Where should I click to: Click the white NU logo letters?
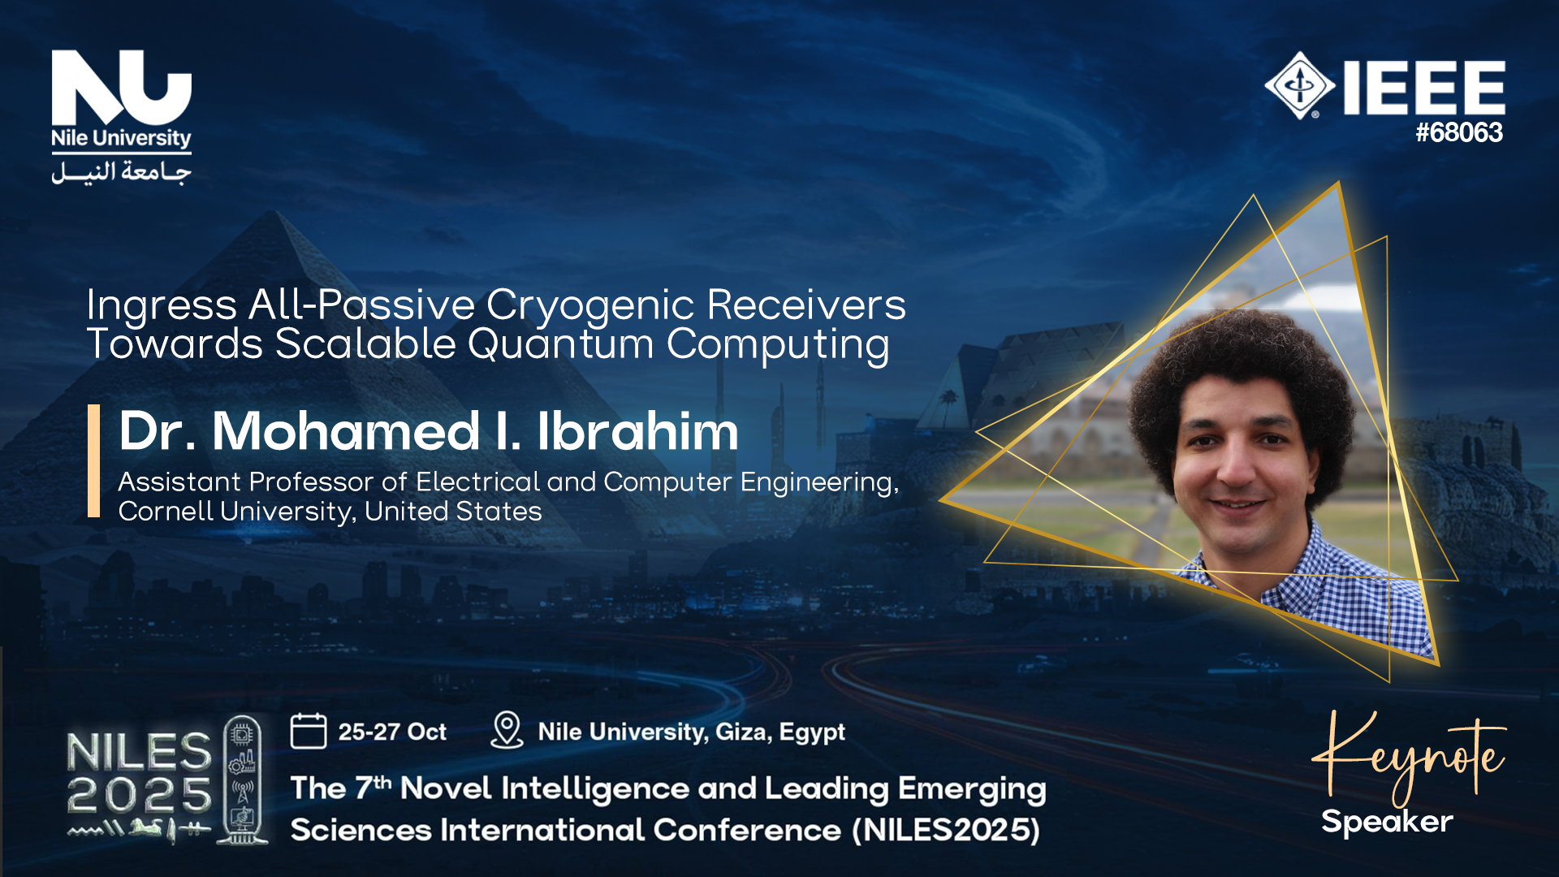coord(122,88)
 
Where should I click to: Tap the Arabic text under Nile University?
coord(122,172)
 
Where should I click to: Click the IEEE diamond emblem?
coord(1299,85)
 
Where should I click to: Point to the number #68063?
coord(1459,132)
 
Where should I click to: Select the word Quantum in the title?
coord(560,344)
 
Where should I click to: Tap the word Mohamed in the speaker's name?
coord(346,430)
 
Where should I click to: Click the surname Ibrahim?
coord(638,430)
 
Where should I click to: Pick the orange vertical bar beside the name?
coord(93,460)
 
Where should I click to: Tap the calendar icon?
coord(309,730)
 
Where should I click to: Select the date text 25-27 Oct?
coord(392,732)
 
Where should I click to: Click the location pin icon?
coord(507,730)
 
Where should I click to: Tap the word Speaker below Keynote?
coord(1387,822)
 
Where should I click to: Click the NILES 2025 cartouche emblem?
coord(242,780)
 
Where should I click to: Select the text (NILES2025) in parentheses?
coord(947,831)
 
